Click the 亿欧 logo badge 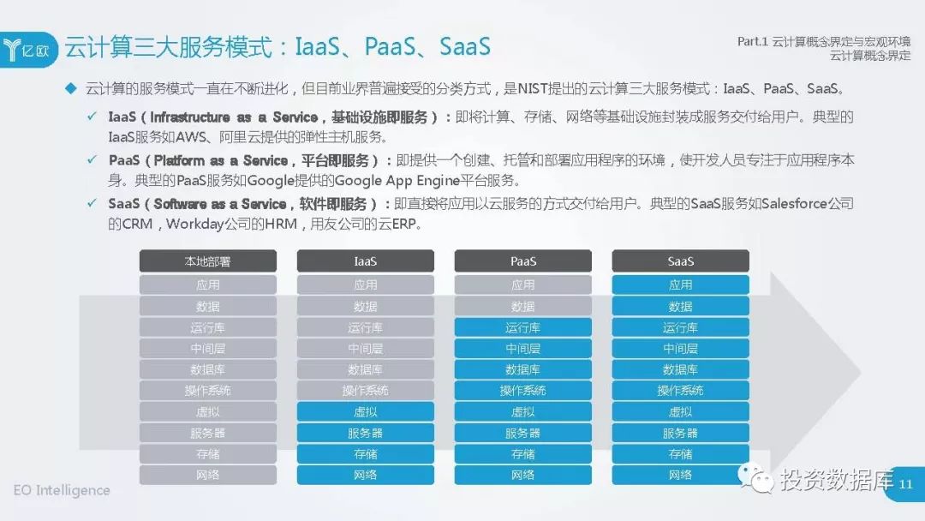coord(28,50)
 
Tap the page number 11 coord(905,484)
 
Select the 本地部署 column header coord(207,260)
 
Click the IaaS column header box coord(365,260)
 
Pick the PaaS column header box coord(522,260)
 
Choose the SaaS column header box coord(680,260)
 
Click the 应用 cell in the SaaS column coord(680,285)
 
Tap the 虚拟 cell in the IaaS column coord(365,412)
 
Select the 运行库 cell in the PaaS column coord(522,327)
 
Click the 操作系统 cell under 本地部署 coord(207,391)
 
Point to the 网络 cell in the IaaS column coord(365,475)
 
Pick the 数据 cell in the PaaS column coord(522,306)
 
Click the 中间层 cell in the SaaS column coord(680,349)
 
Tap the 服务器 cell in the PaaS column coord(522,433)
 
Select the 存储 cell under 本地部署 coord(207,454)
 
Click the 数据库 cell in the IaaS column coord(365,369)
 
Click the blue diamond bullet coord(71,89)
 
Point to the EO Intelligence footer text coord(62,490)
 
